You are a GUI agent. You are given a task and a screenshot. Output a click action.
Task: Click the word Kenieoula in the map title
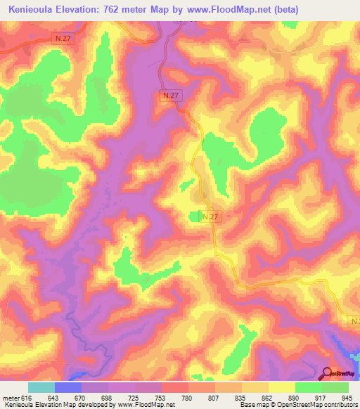pos(32,10)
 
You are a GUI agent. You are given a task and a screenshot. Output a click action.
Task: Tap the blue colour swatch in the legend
pos(68,387)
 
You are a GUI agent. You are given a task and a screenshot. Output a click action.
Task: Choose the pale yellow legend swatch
pos(281,387)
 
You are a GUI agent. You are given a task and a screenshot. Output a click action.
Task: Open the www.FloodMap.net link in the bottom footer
pos(146,405)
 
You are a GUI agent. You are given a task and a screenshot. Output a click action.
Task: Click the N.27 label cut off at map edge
pos(354,321)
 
